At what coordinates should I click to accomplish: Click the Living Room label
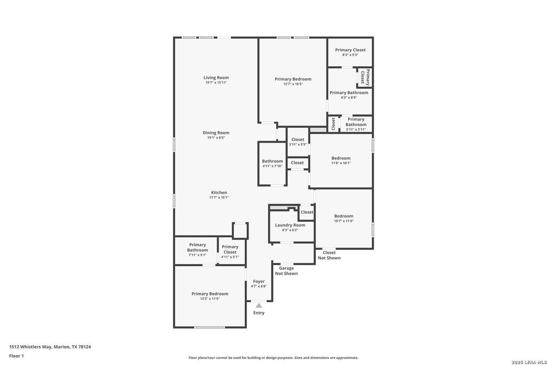pos(216,78)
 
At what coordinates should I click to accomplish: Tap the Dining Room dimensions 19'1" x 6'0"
pos(216,138)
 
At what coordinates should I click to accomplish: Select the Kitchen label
pos(219,192)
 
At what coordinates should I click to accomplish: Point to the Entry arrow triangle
pos(259,305)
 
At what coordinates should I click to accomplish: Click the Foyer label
pos(259,281)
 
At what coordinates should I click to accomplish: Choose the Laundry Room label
pos(290,225)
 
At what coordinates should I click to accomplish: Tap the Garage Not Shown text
pos(286,271)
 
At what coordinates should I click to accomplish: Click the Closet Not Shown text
pos(329,255)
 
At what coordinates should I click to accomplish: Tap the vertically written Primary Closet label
pos(365,77)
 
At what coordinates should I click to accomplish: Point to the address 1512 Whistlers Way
pos(30,347)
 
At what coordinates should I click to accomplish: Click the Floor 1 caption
pos(17,356)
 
